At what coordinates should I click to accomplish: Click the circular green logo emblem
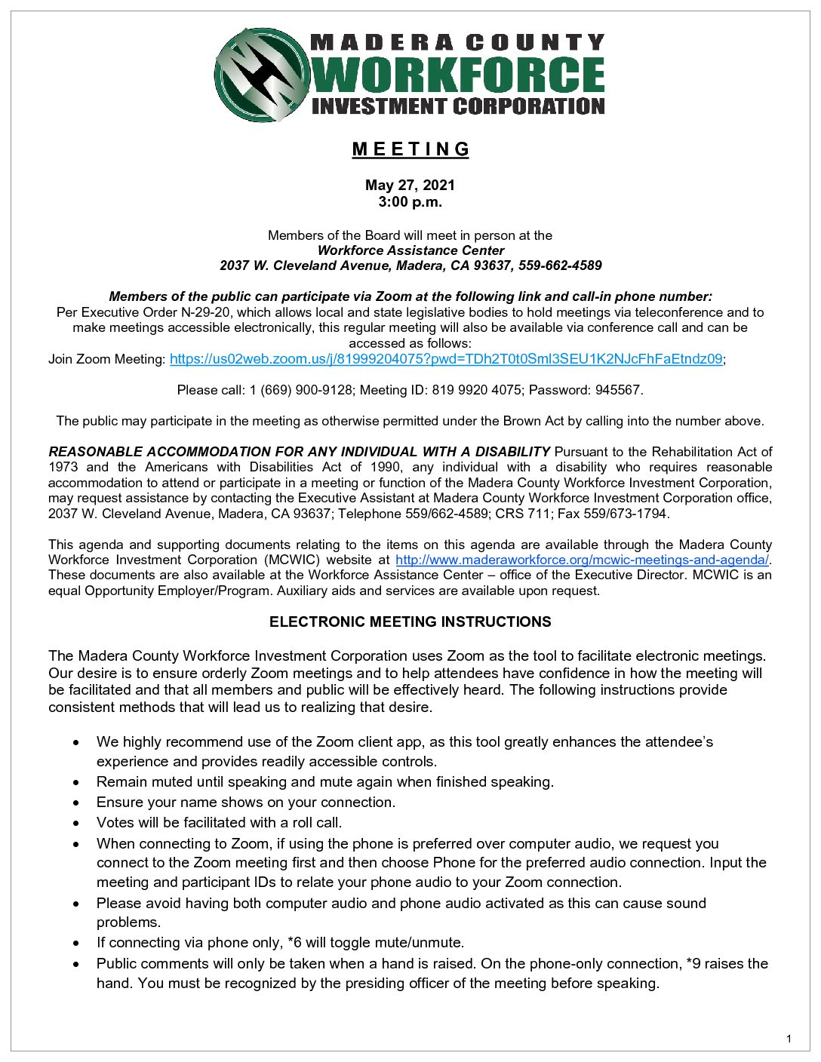click(x=262, y=75)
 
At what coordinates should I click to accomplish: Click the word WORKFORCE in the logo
click(x=458, y=75)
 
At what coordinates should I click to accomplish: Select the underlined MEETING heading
click(x=410, y=149)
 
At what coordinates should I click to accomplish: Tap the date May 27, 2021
click(x=410, y=185)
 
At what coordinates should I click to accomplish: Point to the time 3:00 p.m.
click(x=410, y=201)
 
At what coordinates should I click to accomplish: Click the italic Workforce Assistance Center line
click(x=410, y=250)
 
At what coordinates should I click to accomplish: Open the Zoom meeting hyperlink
click(x=446, y=359)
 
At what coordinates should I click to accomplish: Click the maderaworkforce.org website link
click(x=582, y=560)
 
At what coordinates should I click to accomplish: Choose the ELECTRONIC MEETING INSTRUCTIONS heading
click(x=410, y=622)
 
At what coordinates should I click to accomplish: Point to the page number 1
click(x=789, y=1039)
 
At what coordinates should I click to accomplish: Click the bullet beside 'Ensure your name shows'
click(x=76, y=803)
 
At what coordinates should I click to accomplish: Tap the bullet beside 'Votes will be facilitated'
click(x=76, y=823)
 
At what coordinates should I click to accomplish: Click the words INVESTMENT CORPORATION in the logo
click(x=458, y=106)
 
